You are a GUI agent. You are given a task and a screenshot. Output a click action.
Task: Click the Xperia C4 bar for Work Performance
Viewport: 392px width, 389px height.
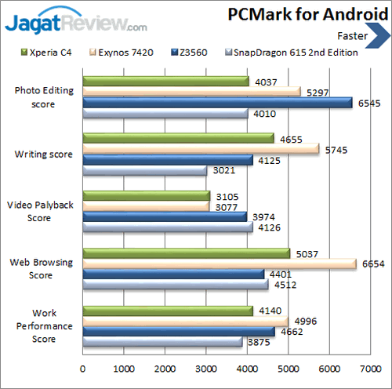click(x=167, y=311)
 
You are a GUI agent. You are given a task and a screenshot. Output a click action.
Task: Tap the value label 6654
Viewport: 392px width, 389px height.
click(x=373, y=264)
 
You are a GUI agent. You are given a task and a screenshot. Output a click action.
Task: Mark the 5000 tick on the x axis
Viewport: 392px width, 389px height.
click(x=288, y=368)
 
